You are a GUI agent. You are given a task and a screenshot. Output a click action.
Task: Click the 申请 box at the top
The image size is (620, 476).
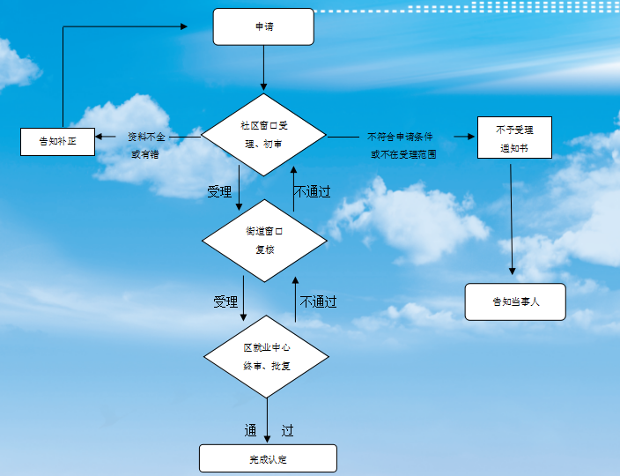point(263,26)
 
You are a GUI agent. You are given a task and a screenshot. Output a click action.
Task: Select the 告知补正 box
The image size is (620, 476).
point(57,141)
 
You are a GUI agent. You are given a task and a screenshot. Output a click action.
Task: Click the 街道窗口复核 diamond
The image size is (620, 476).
point(265,239)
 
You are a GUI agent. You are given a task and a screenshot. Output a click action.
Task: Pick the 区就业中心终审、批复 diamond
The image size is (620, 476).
point(266,356)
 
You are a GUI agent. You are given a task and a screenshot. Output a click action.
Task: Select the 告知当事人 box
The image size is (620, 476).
point(515,301)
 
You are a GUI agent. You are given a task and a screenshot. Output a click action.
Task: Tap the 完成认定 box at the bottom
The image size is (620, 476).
point(268,458)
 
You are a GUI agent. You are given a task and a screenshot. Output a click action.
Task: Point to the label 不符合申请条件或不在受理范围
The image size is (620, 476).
point(402,145)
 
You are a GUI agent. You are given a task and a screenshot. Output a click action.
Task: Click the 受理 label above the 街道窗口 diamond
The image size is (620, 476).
point(219,191)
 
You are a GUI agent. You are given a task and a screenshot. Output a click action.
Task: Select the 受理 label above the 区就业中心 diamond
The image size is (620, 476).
point(225,301)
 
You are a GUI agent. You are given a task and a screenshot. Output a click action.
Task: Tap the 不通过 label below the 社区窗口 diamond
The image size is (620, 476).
point(312,191)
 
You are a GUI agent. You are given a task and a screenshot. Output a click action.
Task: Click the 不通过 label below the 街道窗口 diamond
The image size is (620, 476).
point(318,301)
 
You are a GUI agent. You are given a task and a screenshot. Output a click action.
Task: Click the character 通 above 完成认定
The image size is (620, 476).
point(250,431)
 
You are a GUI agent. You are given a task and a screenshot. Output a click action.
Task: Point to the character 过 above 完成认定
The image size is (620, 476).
point(287,431)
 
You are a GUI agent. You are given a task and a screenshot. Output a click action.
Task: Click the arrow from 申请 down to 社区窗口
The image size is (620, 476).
point(263,69)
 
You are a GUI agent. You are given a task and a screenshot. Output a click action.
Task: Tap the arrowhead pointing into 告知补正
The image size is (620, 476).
point(100,137)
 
